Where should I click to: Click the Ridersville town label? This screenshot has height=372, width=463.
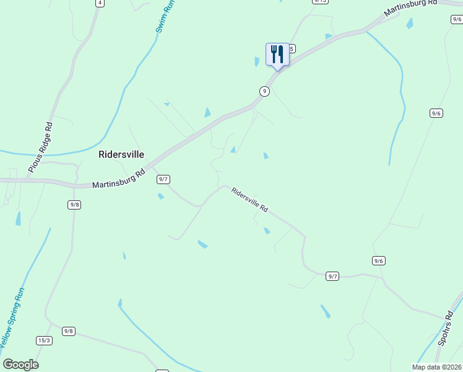[121, 154]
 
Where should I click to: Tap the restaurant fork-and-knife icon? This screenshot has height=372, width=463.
[277, 54]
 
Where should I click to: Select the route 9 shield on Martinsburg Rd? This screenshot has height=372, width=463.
[264, 91]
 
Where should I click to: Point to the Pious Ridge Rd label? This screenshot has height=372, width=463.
[40, 147]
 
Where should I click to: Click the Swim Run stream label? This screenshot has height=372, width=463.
[165, 17]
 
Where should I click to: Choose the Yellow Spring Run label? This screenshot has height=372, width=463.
[13, 316]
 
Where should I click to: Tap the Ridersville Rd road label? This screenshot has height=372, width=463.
[249, 200]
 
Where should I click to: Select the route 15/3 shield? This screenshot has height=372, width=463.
[44, 340]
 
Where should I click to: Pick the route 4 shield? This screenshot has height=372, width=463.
[99, 2]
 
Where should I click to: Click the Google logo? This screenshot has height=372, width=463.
[21, 365]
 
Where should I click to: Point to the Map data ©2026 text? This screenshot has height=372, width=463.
[437, 367]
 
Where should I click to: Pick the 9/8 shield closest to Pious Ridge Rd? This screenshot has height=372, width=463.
[74, 205]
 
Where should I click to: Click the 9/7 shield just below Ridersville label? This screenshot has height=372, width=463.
[163, 179]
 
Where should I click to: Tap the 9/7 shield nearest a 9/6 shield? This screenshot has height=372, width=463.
[333, 276]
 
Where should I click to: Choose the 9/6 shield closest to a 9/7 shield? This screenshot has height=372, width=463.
[379, 261]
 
